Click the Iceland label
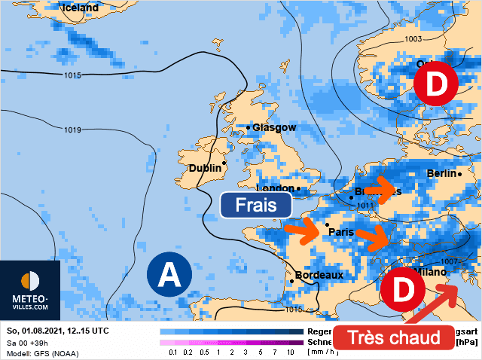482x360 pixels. (x=80, y=8)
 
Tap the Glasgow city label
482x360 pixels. (x=274, y=127)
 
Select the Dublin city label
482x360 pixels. (x=205, y=168)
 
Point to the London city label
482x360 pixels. (x=275, y=188)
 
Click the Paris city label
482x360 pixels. (x=342, y=232)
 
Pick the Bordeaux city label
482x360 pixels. (x=319, y=275)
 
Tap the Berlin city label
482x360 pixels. (x=441, y=173)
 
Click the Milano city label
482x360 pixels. (x=429, y=271)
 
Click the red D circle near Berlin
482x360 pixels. (x=435, y=84)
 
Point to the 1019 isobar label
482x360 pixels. (x=72, y=130)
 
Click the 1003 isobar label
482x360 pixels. (x=413, y=39)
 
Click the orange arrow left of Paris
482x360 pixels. (x=304, y=230)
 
